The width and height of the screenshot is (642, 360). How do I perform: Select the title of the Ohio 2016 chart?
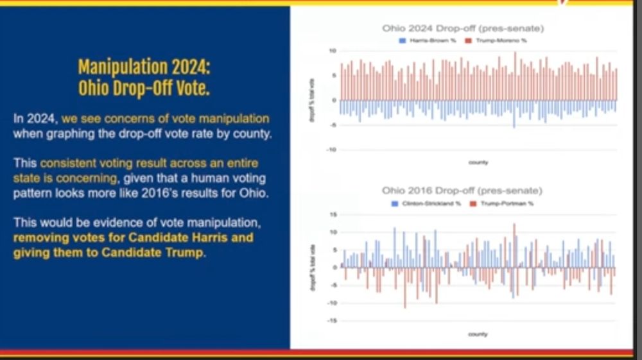pyautogui.click(x=462, y=191)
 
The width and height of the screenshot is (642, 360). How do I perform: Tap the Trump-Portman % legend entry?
pyautogui.click(x=507, y=203)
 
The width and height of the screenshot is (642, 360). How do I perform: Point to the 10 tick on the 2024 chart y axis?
pyautogui.click(x=333, y=51)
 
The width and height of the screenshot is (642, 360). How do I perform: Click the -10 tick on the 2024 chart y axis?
pyautogui.click(x=331, y=150)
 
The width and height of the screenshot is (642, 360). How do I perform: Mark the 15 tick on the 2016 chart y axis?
pyautogui.click(x=333, y=214)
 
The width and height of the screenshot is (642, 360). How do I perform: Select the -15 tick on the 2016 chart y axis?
pyautogui.click(x=331, y=320)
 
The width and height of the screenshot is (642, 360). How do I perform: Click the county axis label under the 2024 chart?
pyautogui.click(x=478, y=162)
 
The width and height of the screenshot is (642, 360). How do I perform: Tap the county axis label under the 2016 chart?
pyautogui.click(x=478, y=334)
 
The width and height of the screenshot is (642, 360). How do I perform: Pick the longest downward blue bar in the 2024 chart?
pyautogui.click(x=514, y=114)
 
